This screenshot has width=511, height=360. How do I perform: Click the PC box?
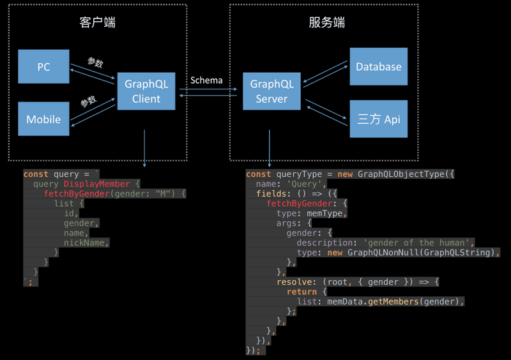click(x=43, y=66)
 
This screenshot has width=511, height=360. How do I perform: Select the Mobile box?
click(x=43, y=119)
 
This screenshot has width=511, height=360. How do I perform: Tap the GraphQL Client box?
click(x=146, y=91)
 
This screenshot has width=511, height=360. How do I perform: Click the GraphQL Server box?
click(x=271, y=91)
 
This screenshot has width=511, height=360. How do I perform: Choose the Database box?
click(x=378, y=66)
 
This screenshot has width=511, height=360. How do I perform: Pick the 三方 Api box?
click(x=378, y=119)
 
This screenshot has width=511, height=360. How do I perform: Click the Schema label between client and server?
click(x=206, y=80)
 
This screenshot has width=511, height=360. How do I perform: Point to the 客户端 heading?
click(x=98, y=22)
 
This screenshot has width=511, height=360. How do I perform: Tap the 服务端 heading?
click(x=326, y=22)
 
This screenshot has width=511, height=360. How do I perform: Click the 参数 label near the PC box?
click(x=95, y=63)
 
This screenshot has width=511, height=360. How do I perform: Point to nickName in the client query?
click(x=87, y=243)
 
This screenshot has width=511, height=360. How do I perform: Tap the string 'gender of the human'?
click(x=418, y=243)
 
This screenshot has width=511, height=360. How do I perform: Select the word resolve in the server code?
click(x=297, y=281)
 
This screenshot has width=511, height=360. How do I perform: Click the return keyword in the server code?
click(x=301, y=292)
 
